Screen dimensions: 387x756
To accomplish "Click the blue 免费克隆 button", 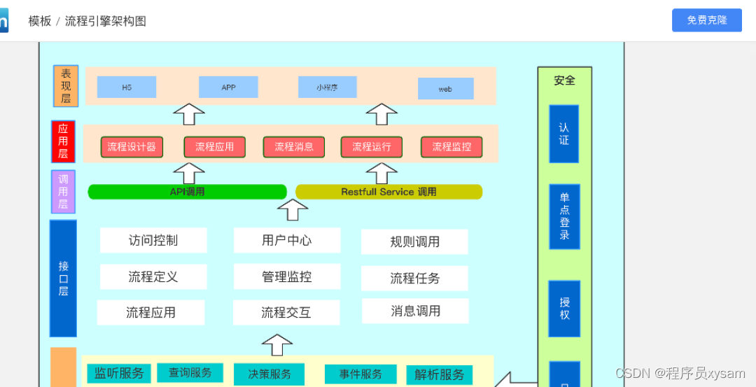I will (x=706, y=20).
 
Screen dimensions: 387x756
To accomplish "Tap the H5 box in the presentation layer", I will (x=127, y=87).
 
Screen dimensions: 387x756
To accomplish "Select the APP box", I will (x=228, y=87).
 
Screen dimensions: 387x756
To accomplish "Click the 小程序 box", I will (x=327, y=87).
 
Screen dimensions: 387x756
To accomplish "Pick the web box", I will (x=445, y=89).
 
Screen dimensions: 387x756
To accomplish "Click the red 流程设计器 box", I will (x=132, y=147).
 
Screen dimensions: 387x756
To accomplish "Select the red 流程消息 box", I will (x=294, y=147).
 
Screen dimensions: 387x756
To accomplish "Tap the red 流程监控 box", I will (x=451, y=147).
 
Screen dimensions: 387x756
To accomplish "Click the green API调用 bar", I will (x=187, y=192).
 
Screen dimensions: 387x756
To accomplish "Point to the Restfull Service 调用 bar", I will (x=388, y=192).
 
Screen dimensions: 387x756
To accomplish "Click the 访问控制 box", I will (x=153, y=240).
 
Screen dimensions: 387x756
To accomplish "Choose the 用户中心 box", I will (x=287, y=240).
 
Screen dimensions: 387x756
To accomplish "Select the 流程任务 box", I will (x=414, y=278).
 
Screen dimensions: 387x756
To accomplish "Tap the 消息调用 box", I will (x=415, y=311).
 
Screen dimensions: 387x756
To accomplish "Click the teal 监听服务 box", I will (x=119, y=373).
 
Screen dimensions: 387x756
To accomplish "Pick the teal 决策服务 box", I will (x=269, y=374).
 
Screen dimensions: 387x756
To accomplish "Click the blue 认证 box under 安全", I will (x=563, y=134).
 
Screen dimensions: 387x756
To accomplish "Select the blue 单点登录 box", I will (x=564, y=216).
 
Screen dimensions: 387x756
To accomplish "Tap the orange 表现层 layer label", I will (x=66, y=86).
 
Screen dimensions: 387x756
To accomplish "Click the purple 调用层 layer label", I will (x=63, y=192).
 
